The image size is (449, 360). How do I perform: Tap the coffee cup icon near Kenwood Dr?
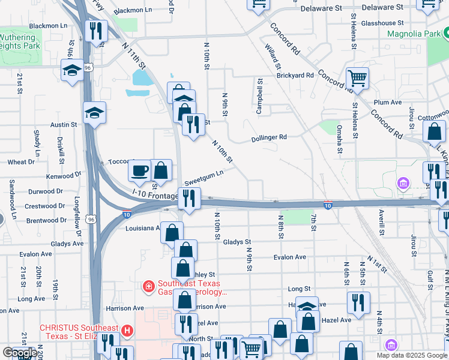(x=140, y=171)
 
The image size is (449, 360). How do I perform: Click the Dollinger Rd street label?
(x=268, y=137)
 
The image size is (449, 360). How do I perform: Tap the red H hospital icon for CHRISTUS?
(x=127, y=331)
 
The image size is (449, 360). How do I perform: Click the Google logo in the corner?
(x=20, y=353)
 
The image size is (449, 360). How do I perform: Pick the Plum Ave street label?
(x=387, y=103)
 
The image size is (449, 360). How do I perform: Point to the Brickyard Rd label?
(x=295, y=76)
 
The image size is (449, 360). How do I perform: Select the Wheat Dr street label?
(x=21, y=162)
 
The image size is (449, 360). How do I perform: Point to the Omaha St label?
(x=339, y=138)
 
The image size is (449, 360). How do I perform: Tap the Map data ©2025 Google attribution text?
(x=411, y=355)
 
